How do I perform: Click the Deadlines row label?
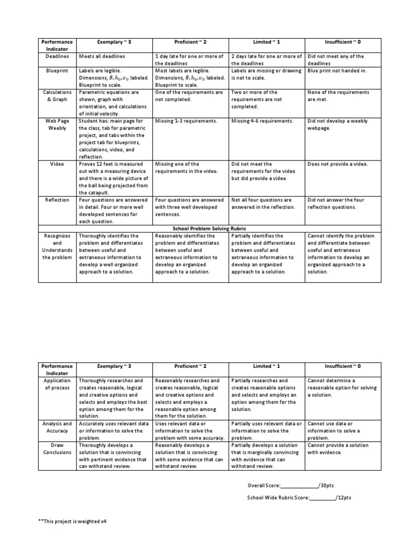tap(57, 56)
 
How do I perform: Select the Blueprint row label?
tap(57, 70)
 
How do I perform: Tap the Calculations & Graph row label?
tap(57, 96)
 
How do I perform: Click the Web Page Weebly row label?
tap(57, 124)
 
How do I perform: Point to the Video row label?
tap(57, 164)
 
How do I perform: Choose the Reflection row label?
tap(57, 200)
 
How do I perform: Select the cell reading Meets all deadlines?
tap(102, 56)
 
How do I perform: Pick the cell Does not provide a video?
tap(337, 164)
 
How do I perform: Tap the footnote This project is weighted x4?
tap(72, 521)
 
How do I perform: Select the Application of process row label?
tap(57, 384)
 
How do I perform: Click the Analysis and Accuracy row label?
tap(57, 427)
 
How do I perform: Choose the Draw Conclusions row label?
tap(57, 449)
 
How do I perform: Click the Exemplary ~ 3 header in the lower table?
tap(114, 366)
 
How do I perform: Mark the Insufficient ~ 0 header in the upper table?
tap(343, 42)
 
